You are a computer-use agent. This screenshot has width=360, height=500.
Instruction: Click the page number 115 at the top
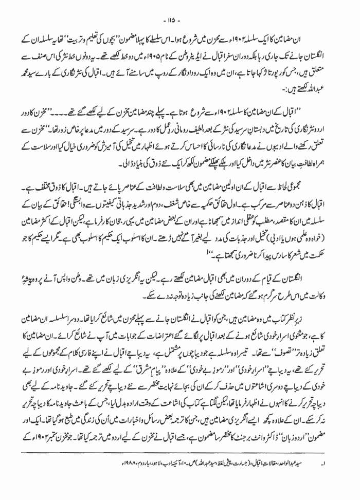181,10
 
